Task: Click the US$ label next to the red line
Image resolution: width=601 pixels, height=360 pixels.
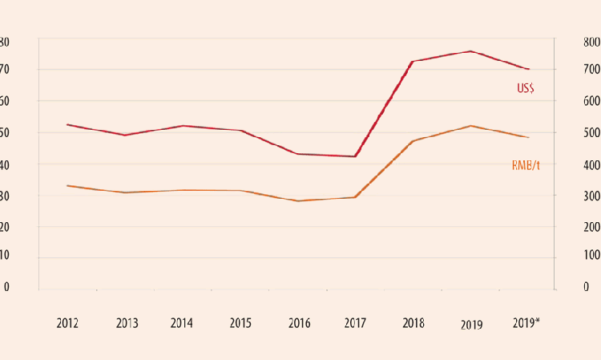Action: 525,89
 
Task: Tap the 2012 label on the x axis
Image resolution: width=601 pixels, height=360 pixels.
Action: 68,324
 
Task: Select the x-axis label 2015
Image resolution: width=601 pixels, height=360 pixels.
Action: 240,324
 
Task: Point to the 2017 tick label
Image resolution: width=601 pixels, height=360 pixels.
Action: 355,324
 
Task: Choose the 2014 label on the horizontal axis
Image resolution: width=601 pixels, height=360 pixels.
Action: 182,324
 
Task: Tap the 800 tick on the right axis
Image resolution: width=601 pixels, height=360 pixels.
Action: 591,42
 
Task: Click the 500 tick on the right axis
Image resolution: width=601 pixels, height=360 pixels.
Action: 591,133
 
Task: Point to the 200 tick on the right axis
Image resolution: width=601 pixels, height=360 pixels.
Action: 591,227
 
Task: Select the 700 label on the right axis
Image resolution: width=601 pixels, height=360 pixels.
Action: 591,71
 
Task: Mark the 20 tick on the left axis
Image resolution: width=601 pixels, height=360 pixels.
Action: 4,226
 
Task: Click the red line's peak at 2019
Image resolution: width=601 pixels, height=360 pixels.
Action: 470,51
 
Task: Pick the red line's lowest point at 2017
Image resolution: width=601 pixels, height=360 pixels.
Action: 355,156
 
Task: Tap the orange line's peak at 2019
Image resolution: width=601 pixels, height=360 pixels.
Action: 470,126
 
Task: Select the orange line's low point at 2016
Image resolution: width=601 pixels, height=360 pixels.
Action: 297,200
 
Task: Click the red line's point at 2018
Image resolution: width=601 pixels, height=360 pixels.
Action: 412,61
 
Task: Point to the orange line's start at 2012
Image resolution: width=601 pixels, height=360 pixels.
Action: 67,185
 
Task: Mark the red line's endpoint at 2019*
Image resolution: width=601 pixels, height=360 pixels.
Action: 529,69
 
